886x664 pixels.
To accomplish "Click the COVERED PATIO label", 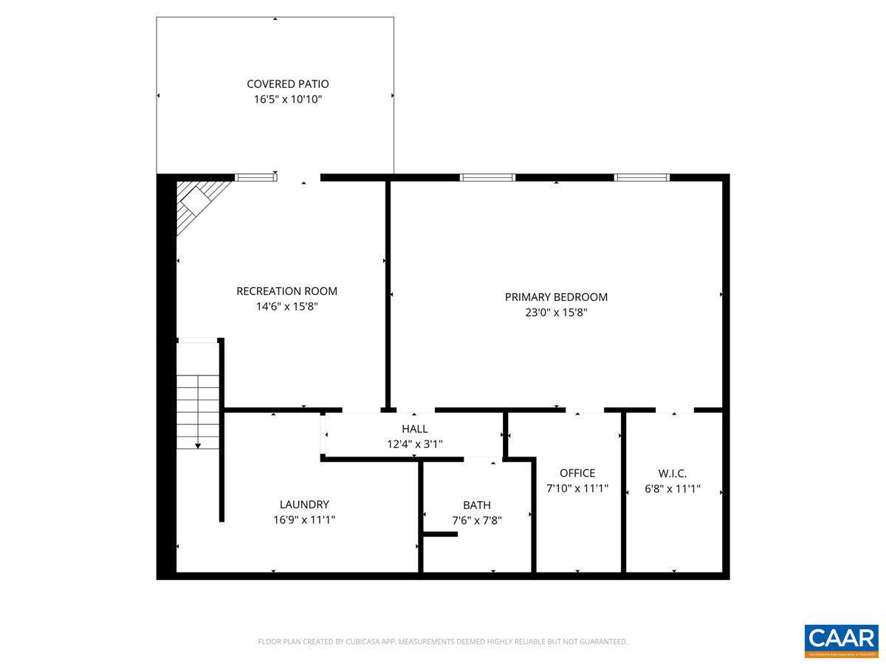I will pyautogui.click(x=288, y=84).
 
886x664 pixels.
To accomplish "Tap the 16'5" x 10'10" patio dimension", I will pyautogui.click(x=288, y=100).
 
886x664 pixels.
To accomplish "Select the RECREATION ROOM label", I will pyautogui.click(x=286, y=291).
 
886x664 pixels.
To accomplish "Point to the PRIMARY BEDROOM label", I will pyautogui.click(x=556, y=297).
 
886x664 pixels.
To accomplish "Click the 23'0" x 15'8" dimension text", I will pyautogui.click(x=556, y=312).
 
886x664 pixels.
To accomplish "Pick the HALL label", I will pyautogui.click(x=414, y=429).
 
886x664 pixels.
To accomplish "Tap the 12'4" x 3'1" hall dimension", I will pyautogui.click(x=414, y=443).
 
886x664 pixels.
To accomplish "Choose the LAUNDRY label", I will pyautogui.click(x=304, y=505).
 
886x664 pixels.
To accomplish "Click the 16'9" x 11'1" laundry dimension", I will pyautogui.click(x=304, y=519).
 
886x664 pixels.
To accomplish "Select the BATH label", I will pyautogui.click(x=476, y=505).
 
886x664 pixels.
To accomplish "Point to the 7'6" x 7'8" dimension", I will pyautogui.click(x=476, y=520).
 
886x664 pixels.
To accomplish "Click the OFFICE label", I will pyautogui.click(x=577, y=473).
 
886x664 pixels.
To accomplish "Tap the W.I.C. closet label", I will pyautogui.click(x=673, y=473).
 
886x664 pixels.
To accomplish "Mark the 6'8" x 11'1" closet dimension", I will pyautogui.click(x=673, y=488).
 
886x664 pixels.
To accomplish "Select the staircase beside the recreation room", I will pyautogui.click(x=198, y=409).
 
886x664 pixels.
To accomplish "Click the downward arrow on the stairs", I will pyautogui.click(x=198, y=445).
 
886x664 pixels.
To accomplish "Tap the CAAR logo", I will pyautogui.click(x=840, y=639).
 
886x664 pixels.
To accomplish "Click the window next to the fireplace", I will pyautogui.click(x=255, y=177).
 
